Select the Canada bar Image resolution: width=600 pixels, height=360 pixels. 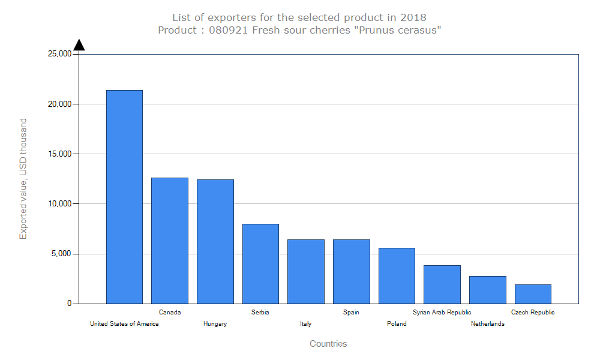(170, 241)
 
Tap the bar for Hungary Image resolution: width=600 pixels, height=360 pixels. (215, 241)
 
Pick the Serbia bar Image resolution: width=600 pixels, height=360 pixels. (260, 263)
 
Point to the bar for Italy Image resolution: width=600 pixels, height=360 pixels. (306, 271)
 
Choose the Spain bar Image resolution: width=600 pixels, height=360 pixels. (352, 271)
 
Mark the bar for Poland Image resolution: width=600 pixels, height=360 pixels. (397, 275)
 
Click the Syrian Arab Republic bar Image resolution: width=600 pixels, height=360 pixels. (442, 284)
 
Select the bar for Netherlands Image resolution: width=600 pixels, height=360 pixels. (488, 290)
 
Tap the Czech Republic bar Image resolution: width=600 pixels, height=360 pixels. (533, 294)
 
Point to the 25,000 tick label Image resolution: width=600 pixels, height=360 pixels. (59, 54)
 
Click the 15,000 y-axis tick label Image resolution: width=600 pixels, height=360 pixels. (59, 154)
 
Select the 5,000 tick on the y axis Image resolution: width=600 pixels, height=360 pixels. (62, 254)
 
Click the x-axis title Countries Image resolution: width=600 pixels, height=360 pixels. (328, 344)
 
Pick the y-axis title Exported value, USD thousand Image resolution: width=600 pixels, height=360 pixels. (23, 179)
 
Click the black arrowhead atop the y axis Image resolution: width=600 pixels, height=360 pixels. (79, 45)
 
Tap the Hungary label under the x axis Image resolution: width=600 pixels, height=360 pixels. (215, 324)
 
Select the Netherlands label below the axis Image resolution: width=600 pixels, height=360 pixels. (488, 324)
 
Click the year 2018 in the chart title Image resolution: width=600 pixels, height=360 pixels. (413, 17)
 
